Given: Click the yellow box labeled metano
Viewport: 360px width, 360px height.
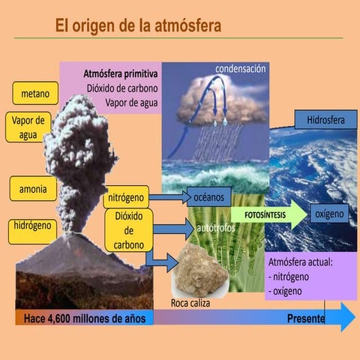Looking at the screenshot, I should coord(34,94).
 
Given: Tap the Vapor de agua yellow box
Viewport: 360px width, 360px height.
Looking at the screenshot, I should coord(28,127).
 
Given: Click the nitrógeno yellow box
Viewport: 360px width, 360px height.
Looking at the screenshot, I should coord(125,198).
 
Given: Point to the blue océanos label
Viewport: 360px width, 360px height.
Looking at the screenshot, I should coord(208,197).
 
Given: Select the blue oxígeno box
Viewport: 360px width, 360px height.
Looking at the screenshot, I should coord(329,214).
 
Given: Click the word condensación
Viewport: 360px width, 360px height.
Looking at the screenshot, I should coord(241,69).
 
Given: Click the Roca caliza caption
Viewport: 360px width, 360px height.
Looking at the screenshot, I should coord(191,304).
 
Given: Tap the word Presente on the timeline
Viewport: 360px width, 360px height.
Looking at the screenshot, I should coord(306,319).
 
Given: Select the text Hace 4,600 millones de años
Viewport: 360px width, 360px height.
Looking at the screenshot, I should coord(85,319).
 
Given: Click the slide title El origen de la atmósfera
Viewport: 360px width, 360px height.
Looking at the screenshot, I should coord(138,27).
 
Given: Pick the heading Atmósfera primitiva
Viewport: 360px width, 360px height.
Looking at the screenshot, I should coord(120,74).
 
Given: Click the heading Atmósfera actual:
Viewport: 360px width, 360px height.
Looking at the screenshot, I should coord(300,262).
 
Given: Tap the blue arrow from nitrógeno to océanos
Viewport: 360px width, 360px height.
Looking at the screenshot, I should coord(166,198).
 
